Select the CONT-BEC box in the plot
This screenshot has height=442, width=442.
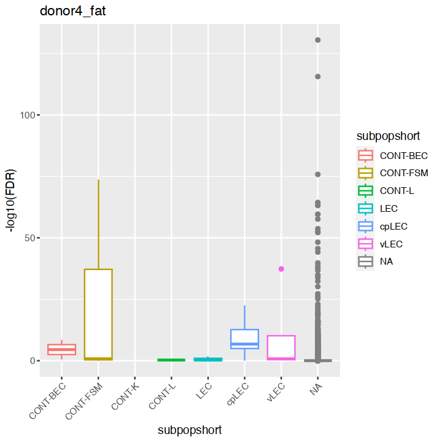(x=61, y=349)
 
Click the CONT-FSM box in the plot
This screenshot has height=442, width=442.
(x=98, y=313)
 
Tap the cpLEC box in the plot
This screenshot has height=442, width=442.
(x=244, y=339)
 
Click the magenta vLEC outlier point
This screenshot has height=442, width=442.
(x=281, y=269)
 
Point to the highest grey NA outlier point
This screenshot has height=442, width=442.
(x=317, y=40)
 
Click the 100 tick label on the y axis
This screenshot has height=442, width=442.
(x=28, y=115)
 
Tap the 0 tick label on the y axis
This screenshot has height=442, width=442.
(x=33, y=361)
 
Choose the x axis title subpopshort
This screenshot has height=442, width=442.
(x=190, y=430)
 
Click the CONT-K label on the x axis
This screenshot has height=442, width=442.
(x=125, y=397)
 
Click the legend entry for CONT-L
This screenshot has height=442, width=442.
(x=397, y=191)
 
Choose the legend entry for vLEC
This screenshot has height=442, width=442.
(x=391, y=244)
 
